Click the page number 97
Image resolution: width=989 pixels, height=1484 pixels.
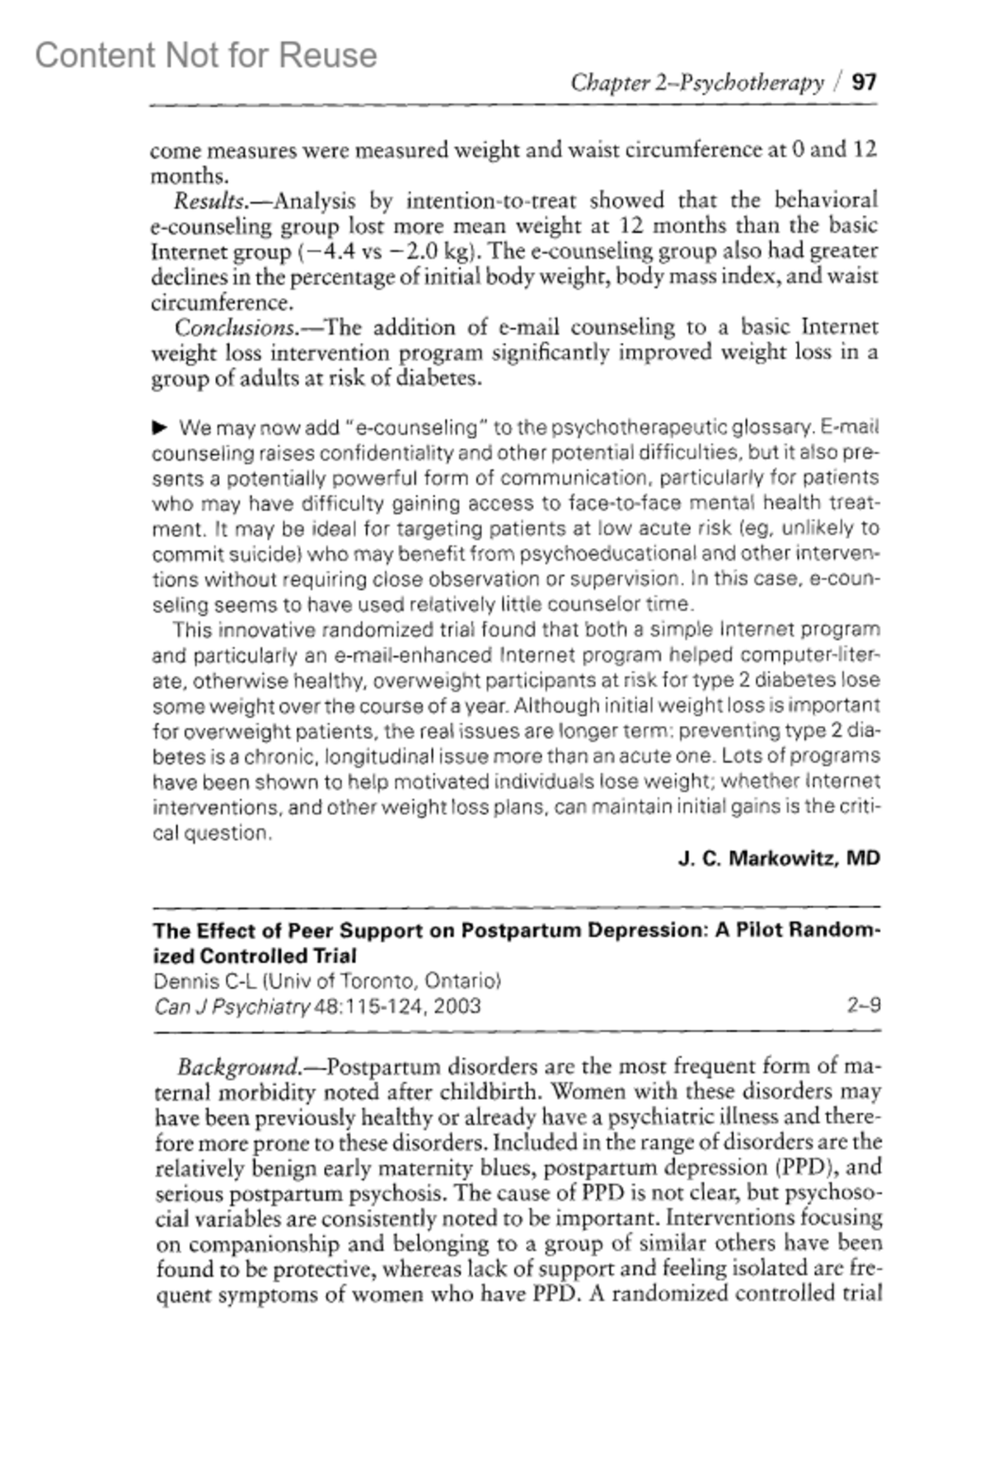pos(865,82)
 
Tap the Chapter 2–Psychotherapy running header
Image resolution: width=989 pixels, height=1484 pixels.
pos(697,82)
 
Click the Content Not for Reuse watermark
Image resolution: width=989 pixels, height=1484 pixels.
pos(206,55)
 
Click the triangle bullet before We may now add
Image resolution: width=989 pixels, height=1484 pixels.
pos(160,428)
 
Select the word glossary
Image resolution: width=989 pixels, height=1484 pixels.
pos(761,428)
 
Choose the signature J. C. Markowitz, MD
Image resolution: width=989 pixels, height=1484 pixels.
pos(779,859)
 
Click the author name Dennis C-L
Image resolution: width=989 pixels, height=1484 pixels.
pos(194,981)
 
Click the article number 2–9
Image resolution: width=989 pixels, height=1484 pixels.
pos(864,1006)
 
